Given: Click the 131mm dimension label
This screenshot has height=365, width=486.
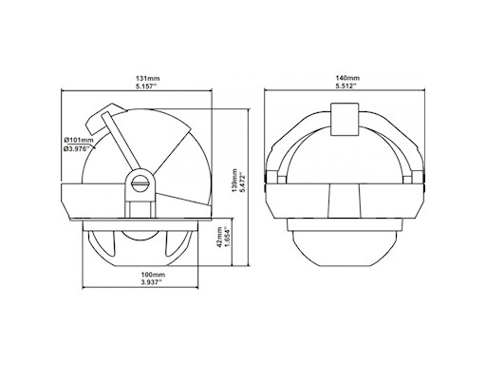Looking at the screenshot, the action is point(147,78).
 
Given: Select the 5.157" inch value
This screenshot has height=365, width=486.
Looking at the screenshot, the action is point(147,86).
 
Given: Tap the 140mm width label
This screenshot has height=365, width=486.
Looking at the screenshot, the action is point(347,78).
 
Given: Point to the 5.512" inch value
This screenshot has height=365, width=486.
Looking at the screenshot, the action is point(346,86).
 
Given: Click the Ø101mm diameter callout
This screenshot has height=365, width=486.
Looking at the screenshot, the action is point(79,140).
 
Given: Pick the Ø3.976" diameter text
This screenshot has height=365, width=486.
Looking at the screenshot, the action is point(77,148).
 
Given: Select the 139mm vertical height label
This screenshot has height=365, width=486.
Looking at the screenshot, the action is point(234,180).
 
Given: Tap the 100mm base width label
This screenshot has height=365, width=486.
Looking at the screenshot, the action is point(153,274).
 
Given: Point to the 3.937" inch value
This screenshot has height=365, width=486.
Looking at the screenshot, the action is point(151,282).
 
